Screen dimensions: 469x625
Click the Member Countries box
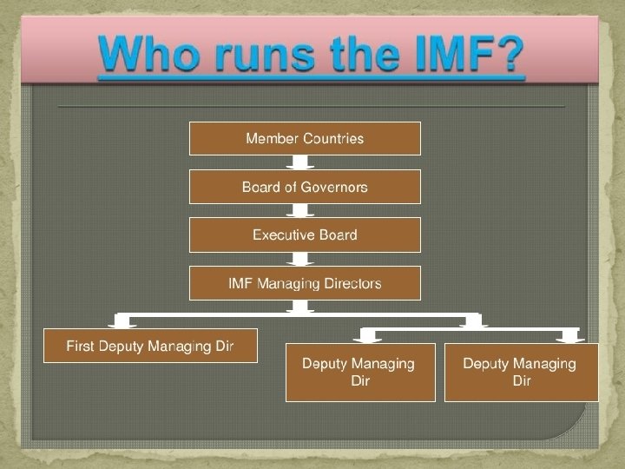[305, 138]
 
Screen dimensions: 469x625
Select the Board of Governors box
[305, 187]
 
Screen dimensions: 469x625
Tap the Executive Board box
[305, 234]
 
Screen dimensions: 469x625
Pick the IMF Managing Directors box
[305, 283]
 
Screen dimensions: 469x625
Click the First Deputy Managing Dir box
[150, 346]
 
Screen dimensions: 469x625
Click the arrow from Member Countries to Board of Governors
[302, 163]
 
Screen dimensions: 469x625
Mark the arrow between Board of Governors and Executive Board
[302, 211]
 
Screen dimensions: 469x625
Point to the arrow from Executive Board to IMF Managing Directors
[302, 259]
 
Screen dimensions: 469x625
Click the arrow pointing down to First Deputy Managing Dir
[123, 320]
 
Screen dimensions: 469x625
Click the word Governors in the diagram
[335, 187]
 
